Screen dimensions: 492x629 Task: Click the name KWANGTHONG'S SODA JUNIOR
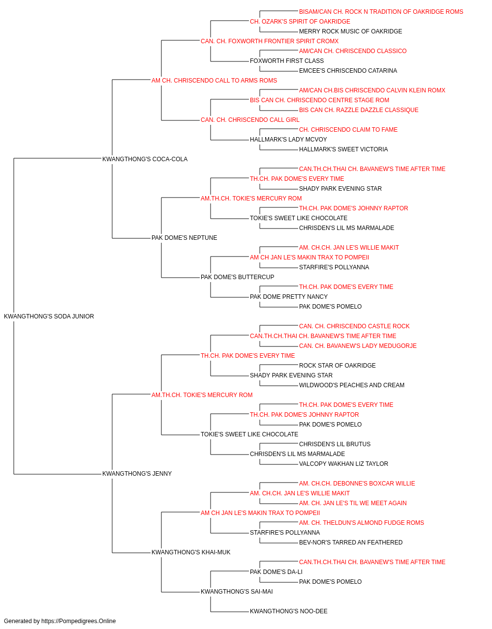click(49, 316)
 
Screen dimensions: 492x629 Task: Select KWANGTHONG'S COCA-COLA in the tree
click(145, 159)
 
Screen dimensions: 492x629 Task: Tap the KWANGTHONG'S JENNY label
click(137, 474)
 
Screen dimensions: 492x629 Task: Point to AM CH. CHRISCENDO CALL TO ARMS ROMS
click(214, 81)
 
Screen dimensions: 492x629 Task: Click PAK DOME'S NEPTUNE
click(184, 238)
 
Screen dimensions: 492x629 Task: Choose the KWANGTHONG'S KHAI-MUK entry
click(191, 552)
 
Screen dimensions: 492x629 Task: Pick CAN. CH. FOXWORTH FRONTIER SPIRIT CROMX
click(270, 41)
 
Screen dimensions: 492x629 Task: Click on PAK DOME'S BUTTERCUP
click(237, 277)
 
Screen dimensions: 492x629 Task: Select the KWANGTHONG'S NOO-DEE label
click(289, 611)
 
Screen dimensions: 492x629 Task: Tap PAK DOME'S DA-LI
click(276, 572)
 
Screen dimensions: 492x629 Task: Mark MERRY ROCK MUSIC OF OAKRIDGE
click(351, 31)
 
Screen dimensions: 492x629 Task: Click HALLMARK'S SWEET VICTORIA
click(343, 149)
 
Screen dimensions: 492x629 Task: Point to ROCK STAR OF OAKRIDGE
click(338, 366)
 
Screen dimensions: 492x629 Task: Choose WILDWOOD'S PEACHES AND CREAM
click(352, 385)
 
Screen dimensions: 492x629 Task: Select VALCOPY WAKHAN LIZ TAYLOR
click(343, 464)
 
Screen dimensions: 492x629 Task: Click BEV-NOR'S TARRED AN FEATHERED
click(351, 543)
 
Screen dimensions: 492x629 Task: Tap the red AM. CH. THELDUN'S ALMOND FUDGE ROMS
click(362, 523)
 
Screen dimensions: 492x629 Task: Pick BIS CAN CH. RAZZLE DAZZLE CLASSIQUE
click(359, 110)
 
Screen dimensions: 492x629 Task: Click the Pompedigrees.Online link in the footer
click(79, 621)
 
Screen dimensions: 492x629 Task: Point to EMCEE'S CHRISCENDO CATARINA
click(348, 71)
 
